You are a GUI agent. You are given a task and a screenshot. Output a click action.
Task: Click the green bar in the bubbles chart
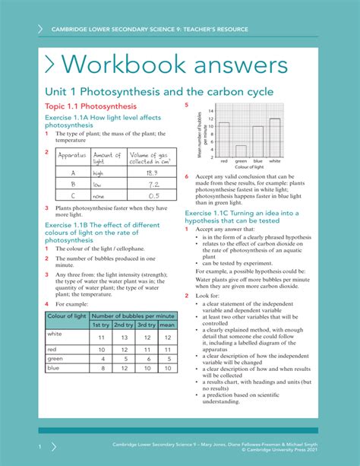[x=241, y=150]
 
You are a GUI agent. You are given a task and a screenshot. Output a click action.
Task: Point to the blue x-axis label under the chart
[x=257, y=161]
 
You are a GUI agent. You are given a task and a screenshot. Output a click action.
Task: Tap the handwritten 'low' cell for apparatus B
[x=98, y=184]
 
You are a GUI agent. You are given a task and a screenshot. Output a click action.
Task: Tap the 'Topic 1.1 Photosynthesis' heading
[x=90, y=106]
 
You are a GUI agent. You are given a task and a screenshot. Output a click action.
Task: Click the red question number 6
[x=188, y=177]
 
